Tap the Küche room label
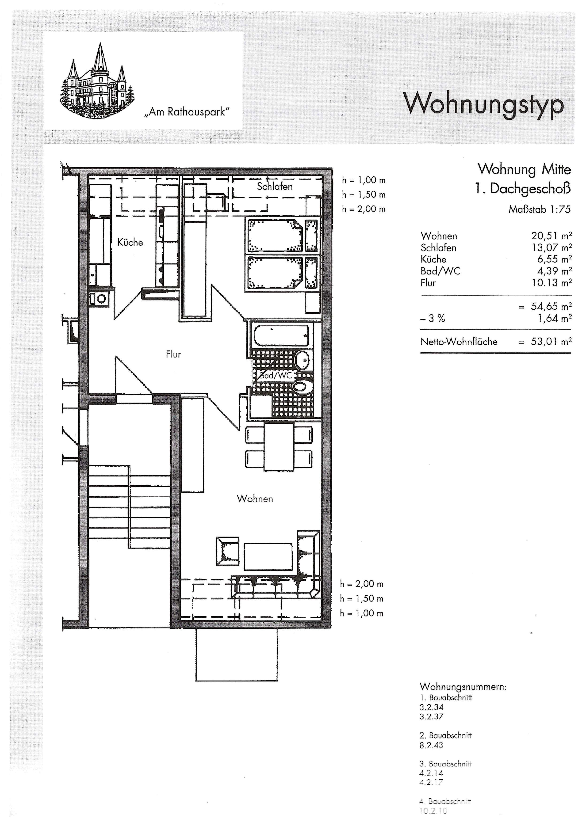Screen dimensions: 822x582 pyautogui.click(x=130, y=243)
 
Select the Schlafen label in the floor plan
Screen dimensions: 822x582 pyautogui.click(x=275, y=186)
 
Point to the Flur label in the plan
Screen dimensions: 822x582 pyautogui.click(x=173, y=354)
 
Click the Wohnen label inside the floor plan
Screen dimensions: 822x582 pyautogui.click(x=255, y=499)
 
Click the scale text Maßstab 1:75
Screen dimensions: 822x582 pyautogui.click(x=539, y=209)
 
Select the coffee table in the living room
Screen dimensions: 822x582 pyautogui.click(x=268, y=556)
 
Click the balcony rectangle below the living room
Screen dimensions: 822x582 pyautogui.click(x=237, y=655)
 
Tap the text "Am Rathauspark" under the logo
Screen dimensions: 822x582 pyautogui.click(x=186, y=112)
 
